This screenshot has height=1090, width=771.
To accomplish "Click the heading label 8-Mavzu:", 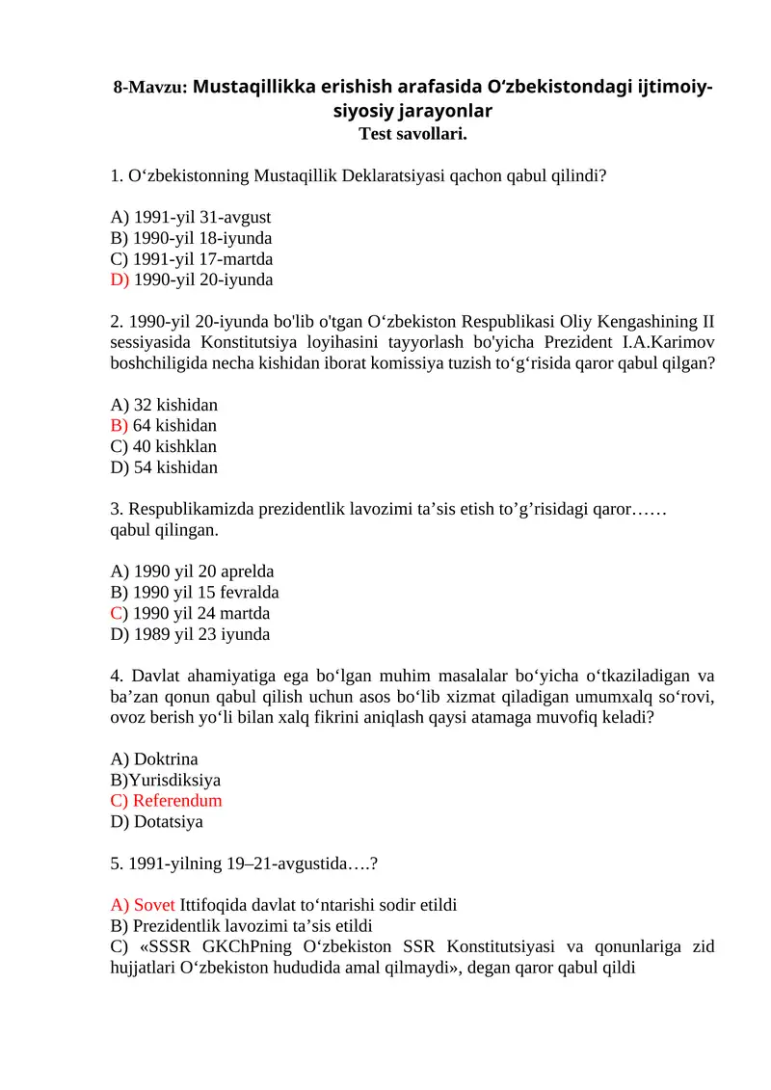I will pyautogui.click(x=150, y=88).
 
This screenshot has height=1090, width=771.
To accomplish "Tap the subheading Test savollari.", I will pyautogui.click(x=412, y=134).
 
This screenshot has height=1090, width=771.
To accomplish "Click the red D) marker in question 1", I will pyautogui.click(x=120, y=280).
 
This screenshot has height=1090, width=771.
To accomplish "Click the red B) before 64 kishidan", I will pyautogui.click(x=120, y=426).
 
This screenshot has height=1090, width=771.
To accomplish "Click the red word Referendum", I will pyautogui.click(x=177, y=802).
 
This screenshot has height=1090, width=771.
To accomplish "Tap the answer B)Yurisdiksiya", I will pyautogui.click(x=166, y=781).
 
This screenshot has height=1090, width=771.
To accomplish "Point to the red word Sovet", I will pyautogui.click(x=154, y=905).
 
